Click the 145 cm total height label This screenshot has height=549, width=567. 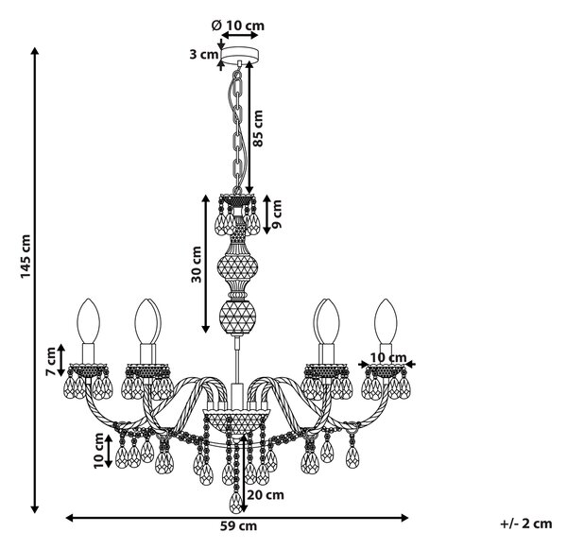tap(26, 256)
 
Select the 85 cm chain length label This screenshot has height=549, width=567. tap(258, 128)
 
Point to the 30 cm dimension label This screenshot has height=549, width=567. tap(197, 264)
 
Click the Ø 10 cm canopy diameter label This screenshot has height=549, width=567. tap(238, 26)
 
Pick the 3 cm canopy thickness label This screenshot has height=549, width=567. tap(204, 55)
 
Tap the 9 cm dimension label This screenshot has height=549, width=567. tap(277, 214)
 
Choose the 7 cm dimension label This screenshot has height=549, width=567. tap(51, 361)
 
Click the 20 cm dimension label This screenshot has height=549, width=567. tap(266, 494)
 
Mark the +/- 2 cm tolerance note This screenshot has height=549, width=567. tap(526, 523)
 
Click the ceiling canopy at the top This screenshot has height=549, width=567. tap(240, 55)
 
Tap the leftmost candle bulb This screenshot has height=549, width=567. tap(88, 321)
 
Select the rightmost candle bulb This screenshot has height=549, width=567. tap(386, 321)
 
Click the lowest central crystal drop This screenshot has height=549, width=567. tap(236, 502)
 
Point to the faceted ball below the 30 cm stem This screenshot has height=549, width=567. tap(237, 317)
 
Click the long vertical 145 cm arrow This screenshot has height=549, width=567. tap(35, 281)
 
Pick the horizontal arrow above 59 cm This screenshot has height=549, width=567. tap(237, 518)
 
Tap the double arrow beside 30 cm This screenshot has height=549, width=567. tap(205, 264)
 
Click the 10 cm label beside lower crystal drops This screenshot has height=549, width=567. tap(98, 451)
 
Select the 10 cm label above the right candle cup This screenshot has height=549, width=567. tap(388, 358)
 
